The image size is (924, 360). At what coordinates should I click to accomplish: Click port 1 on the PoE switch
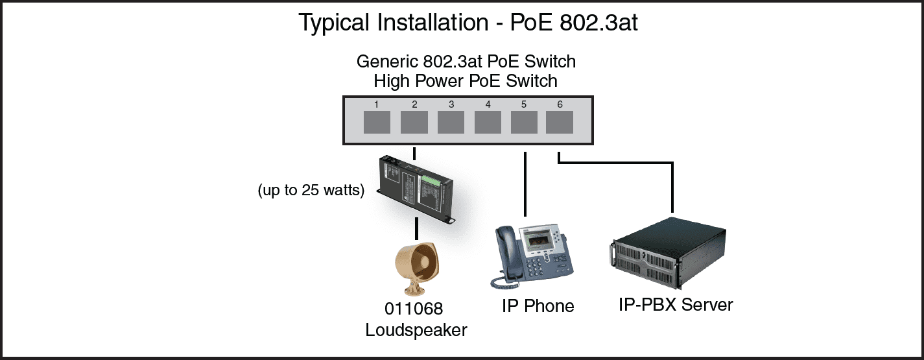tap(376, 123)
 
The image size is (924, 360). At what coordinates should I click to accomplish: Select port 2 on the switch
tap(414, 123)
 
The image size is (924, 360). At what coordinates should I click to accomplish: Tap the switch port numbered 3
tap(451, 123)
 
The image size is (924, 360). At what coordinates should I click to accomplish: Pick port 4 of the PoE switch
tap(488, 123)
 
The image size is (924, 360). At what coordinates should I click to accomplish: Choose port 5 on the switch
tap(524, 123)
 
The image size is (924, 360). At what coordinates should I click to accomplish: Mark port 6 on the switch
tap(560, 123)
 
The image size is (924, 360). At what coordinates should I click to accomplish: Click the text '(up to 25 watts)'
tap(311, 191)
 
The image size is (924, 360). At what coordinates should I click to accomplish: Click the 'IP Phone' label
tap(538, 306)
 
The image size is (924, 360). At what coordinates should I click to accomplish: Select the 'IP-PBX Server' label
tap(676, 304)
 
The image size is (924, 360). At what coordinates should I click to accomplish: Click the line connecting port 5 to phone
tap(525, 185)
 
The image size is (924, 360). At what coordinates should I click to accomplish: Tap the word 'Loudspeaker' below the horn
tap(416, 330)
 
